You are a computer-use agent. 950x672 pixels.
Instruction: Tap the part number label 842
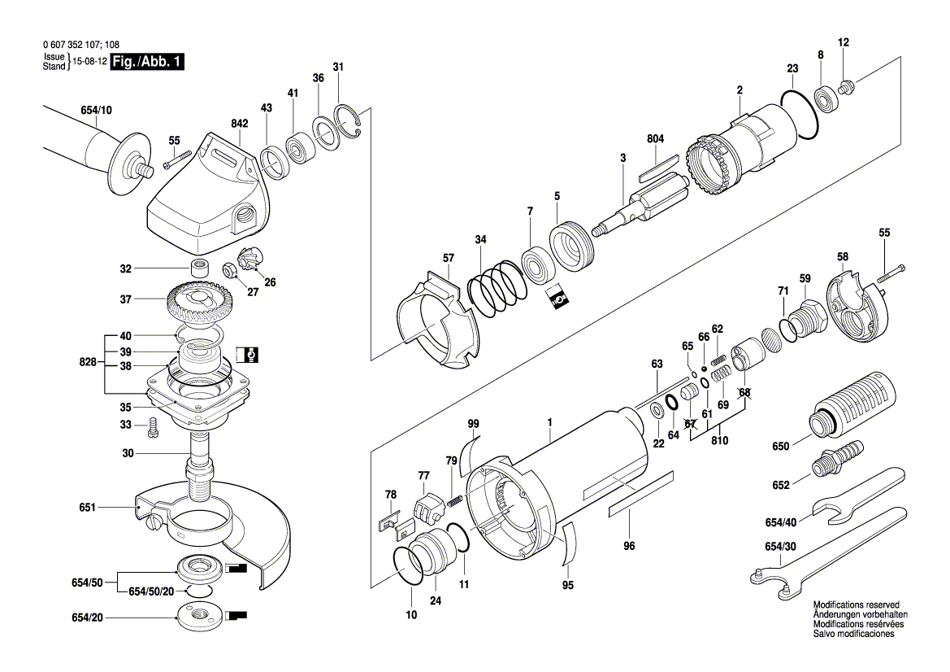[x=215, y=122]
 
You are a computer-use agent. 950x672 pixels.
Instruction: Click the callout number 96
[x=628, y=546]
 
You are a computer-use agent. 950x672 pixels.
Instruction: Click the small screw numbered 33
[x=152, y=425]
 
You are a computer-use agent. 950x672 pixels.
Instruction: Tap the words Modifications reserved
[x=856, y=605]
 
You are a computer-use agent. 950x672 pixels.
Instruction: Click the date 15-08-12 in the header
[x=89, y=62]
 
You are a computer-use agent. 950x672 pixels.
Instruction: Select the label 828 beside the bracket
[x=89, y=362]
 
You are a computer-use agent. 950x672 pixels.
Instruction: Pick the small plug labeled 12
[x=845, y=86]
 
